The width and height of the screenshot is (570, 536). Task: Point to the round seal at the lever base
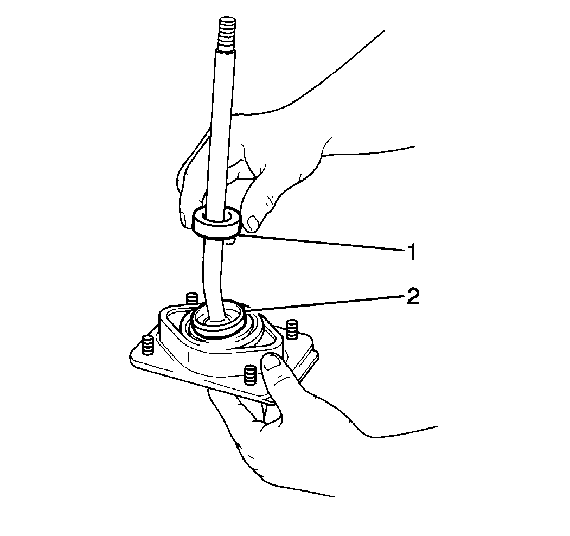[219, 320]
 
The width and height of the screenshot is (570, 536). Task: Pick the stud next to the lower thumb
[250, 374]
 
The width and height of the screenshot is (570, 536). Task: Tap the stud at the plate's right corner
[292, 329]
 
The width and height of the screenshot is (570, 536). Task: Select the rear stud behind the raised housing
[191, 298]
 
